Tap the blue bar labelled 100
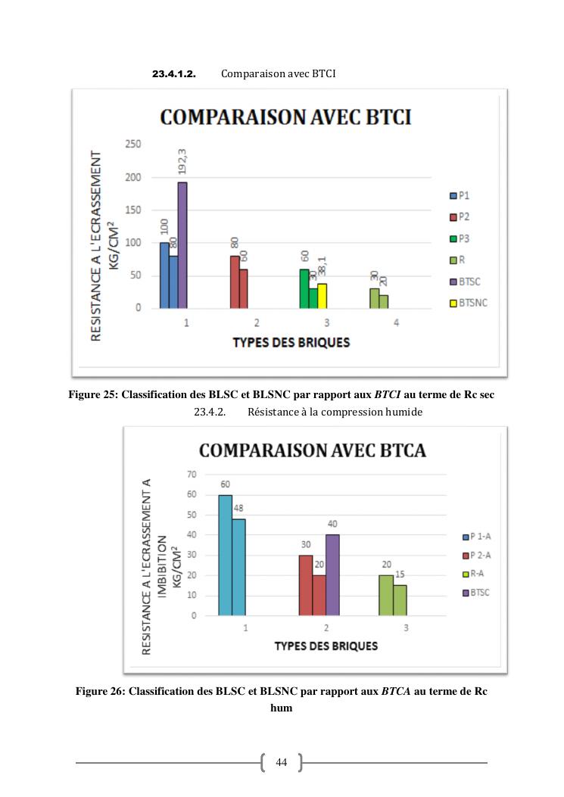coord(164,276)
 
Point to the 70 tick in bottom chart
coord(190,474)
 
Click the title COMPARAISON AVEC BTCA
coord(312,450)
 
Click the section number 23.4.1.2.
coord(174,74)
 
